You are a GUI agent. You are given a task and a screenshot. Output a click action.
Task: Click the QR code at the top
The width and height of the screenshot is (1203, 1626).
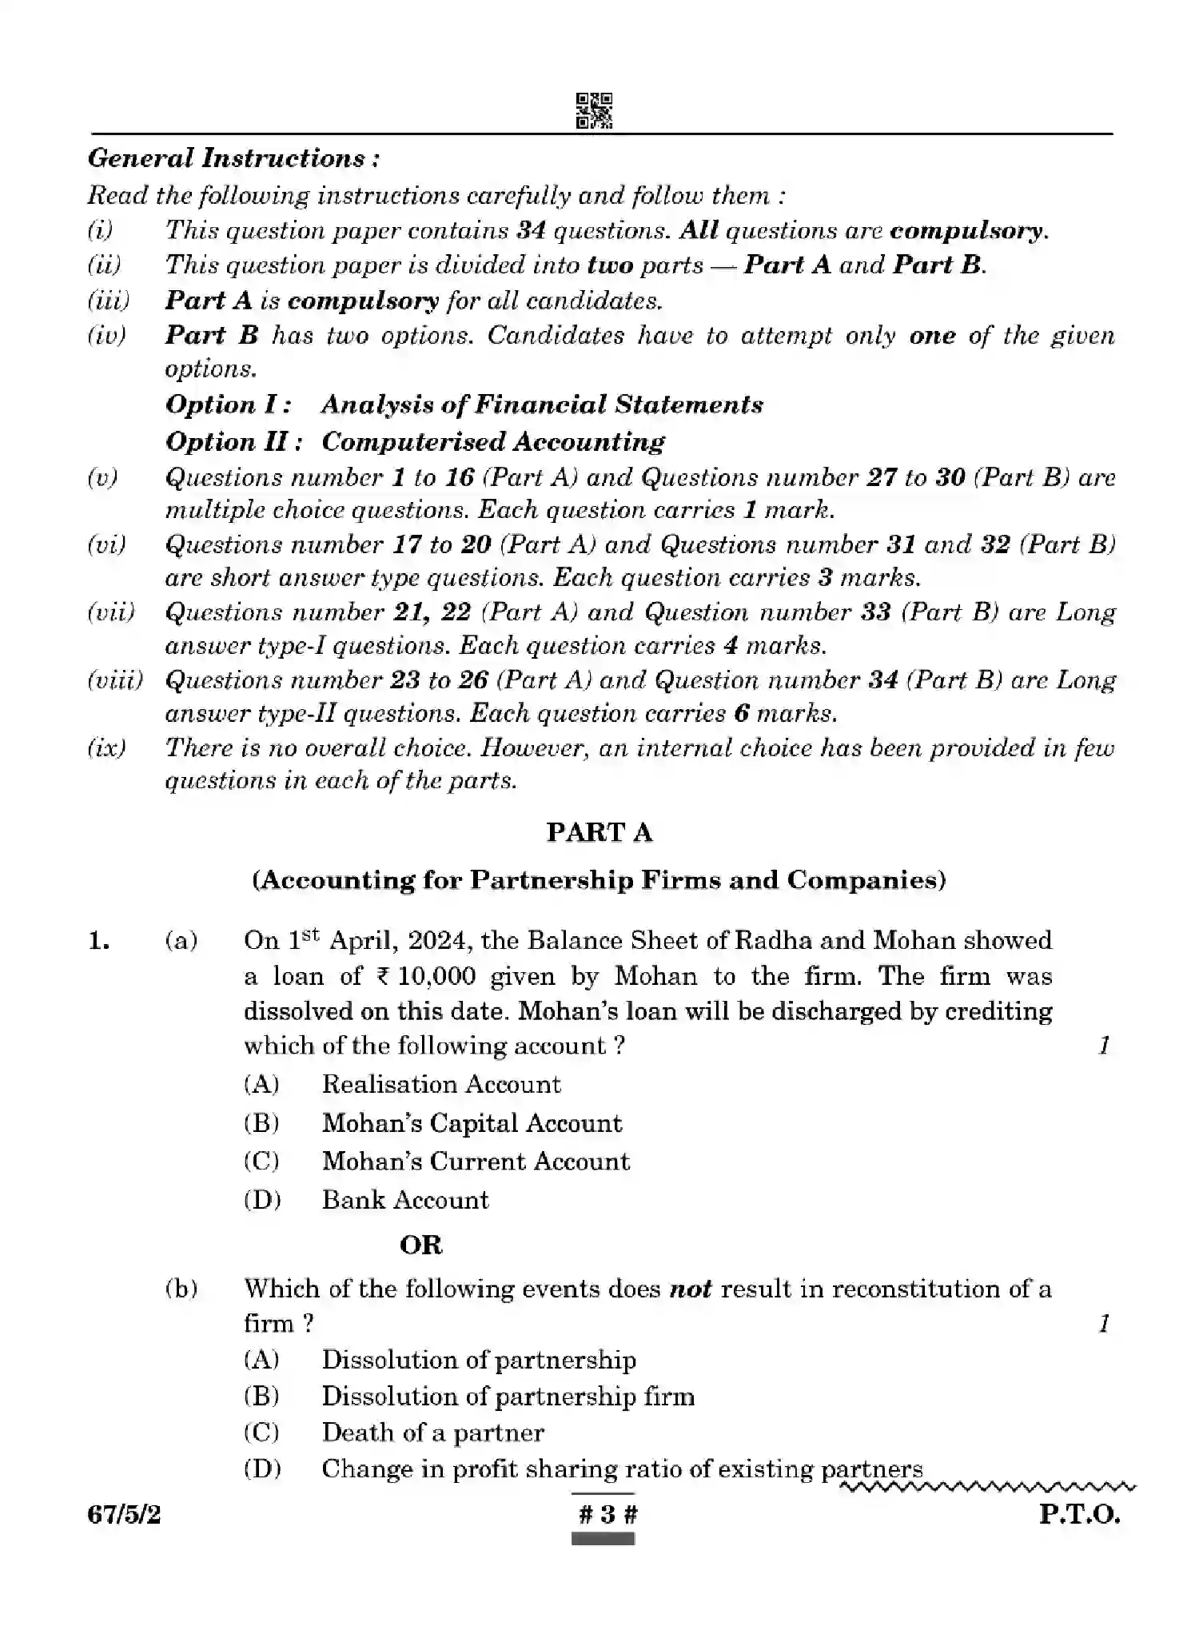click(594, 110)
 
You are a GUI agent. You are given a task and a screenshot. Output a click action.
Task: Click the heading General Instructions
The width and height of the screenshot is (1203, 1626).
click(233, 158)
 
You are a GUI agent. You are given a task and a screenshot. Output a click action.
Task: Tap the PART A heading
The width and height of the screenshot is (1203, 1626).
click(600, 832)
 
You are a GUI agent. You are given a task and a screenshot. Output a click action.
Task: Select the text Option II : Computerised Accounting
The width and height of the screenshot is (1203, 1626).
click(415, 441)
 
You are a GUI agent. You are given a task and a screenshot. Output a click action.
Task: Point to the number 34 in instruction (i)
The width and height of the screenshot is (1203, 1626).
click(531, 231)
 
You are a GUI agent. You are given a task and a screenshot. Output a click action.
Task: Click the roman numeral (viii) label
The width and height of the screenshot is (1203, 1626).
click(114, 680)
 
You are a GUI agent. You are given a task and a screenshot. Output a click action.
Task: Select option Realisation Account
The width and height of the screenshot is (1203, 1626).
click(440, 1085)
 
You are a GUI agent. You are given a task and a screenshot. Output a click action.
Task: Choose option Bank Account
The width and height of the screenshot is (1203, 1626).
click(404, 1200)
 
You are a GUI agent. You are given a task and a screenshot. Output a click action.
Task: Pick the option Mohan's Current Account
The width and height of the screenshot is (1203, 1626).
click(475, 1162)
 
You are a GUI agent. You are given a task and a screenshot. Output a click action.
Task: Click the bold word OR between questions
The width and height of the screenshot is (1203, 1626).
click(420, 1245)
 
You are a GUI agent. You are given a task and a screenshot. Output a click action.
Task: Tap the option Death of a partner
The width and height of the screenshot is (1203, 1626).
click(432, 1433)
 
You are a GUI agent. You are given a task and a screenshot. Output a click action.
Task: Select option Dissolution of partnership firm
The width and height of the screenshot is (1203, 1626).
click(508, 1397)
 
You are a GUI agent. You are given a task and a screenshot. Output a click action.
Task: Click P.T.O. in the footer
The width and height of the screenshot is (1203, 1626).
click(1079, 1514)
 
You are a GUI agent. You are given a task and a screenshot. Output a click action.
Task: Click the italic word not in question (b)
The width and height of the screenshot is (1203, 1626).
click(690, 1289)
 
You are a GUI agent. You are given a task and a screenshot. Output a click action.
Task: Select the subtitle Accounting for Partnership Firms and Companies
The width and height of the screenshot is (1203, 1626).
click(599, 880)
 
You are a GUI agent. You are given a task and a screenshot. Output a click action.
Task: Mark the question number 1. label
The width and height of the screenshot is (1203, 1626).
click(99, 942)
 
